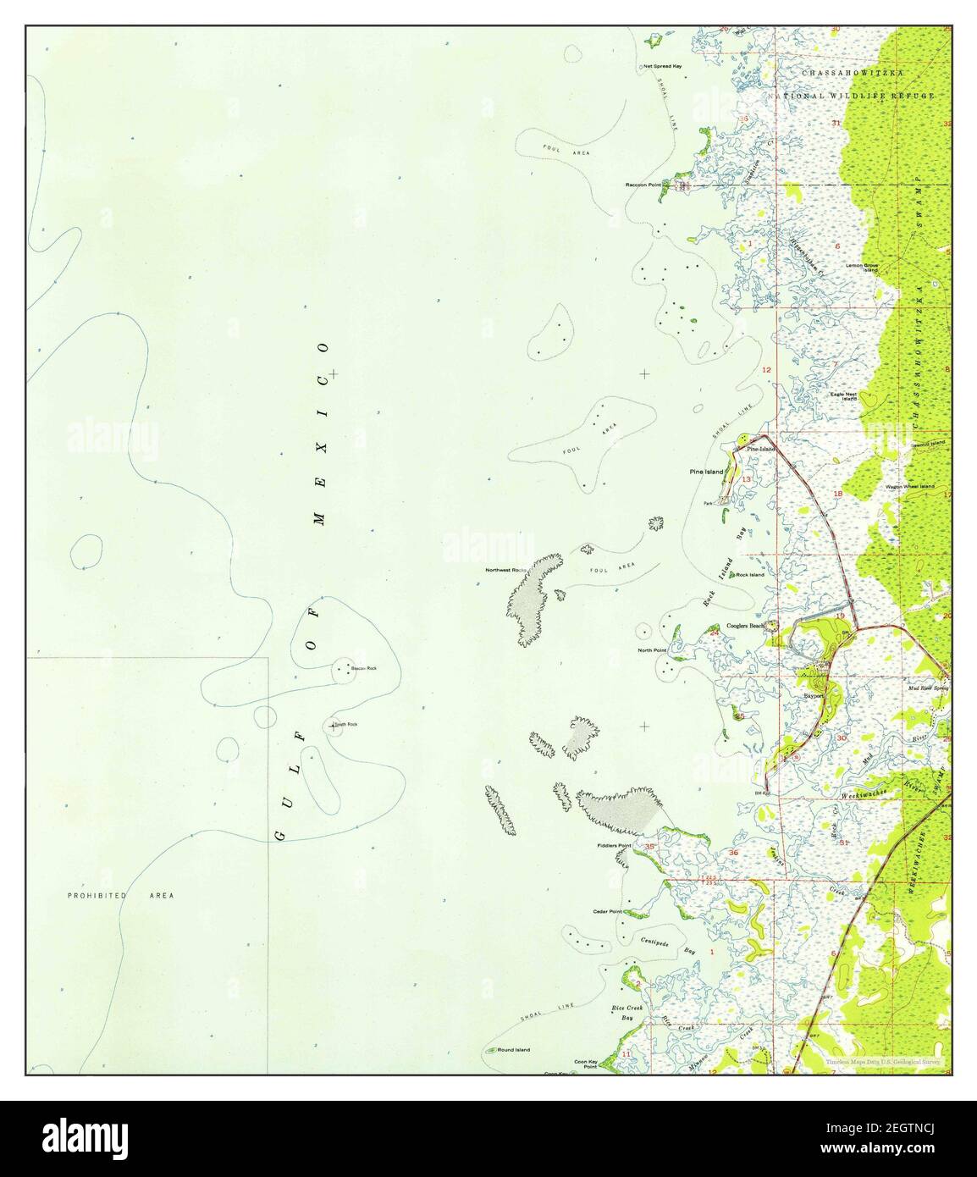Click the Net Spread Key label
[x=662, y=65]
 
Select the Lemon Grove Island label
[x=862, y=268]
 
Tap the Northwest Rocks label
[x=505, y=570]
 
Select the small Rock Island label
[x=749, y=575]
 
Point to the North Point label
[x=652, y=650]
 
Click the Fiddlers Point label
[x=615, y=846]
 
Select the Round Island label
[x=513, y=1049]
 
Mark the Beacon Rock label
[x=363, y=668]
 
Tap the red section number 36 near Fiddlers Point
[x=733, y=852]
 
